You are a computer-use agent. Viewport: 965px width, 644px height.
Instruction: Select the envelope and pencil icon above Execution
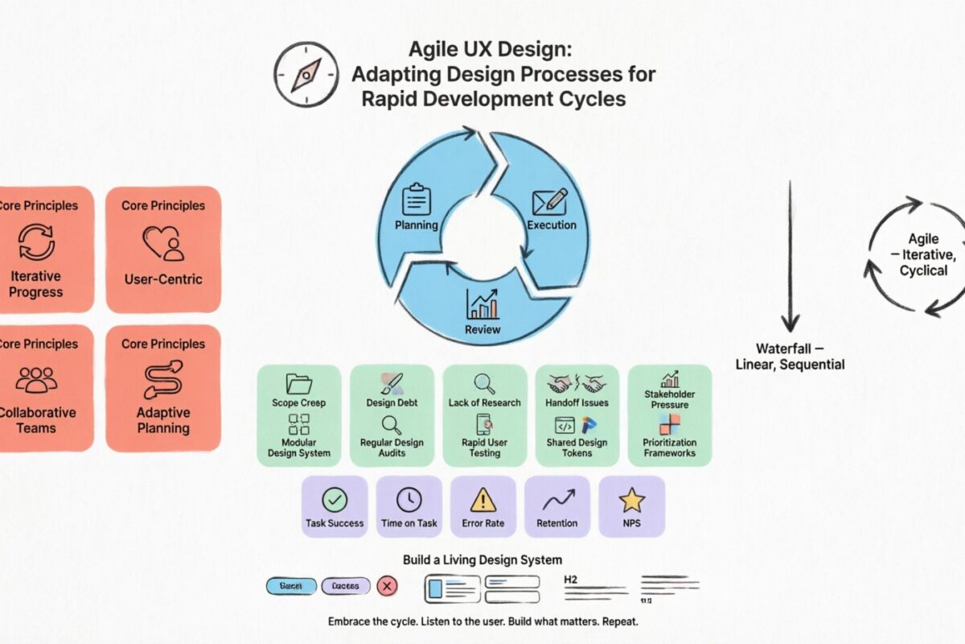551,202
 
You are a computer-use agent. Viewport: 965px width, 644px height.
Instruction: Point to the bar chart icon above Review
482,304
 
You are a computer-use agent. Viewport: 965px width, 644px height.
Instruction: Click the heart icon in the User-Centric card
163,242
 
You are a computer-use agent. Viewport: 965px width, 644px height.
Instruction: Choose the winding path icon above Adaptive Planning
163,380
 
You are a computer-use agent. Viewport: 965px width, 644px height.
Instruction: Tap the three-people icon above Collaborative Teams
36,380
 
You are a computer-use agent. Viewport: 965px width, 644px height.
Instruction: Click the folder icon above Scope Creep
298,383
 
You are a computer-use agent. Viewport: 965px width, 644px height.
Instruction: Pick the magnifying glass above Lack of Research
484,383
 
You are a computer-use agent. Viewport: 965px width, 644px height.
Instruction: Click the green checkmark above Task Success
335,500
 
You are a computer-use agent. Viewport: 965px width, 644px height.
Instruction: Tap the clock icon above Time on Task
409,500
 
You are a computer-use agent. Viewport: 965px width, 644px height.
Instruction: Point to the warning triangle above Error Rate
483,500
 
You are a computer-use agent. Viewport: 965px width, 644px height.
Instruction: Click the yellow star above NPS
632,500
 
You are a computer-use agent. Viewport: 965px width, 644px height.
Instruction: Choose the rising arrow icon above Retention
557,501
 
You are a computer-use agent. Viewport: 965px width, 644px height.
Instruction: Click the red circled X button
387,587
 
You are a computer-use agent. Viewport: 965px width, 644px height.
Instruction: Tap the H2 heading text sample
571,579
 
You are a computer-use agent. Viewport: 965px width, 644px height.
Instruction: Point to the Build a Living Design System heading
482,559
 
